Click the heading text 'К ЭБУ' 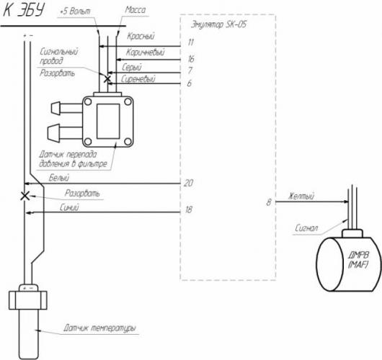(x=24, y=11)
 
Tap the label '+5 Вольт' (x=75, y=12)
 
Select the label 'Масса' (x=136, y=10)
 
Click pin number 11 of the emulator (x=191, y=42)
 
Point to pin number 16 (x=191, y=58)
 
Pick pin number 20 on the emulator (x=189, y=183)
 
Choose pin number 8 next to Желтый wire (x=269, y=202)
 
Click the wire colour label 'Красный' (x=141, y=36)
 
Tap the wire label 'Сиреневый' (x=138, y=79)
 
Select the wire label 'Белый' (x=59, y=178)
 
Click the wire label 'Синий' (x=69, y=207)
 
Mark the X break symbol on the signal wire (x=107, y=79)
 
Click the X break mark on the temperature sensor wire (x=25, y=196)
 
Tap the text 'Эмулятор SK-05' (x=218, y=24)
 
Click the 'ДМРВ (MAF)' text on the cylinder (x=358, y=260)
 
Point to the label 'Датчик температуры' (x=99, y=328)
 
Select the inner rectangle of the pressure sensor (x=108, y=121)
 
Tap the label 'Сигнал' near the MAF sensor (x=306, y=228)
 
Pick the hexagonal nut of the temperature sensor (x=28, y=300)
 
